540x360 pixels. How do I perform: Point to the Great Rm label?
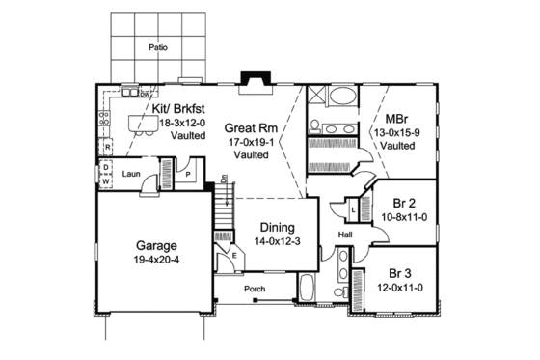246,126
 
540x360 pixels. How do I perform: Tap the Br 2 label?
404,204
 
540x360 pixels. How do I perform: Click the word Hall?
344,235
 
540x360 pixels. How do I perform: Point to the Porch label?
255,289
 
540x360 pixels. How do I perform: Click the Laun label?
132,175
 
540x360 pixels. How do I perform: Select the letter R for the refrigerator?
108,148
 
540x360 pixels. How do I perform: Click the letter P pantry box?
190,176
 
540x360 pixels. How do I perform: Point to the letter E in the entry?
234,254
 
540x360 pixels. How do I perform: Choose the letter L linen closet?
355,208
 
